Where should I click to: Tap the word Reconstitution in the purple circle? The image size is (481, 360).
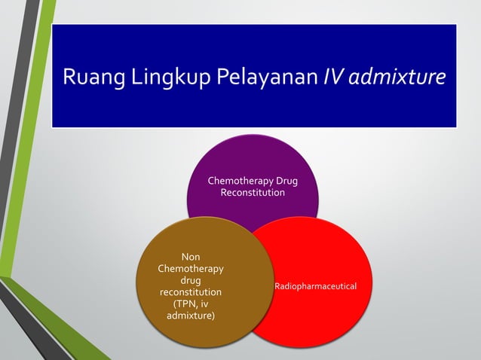[253, 194]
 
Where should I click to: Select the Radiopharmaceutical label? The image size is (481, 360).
[315, 287]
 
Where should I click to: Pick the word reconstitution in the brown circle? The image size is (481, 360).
[190, 291]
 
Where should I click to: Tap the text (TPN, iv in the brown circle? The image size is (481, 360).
[190, 304]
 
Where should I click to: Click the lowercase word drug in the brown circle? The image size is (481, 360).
[190, 280]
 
